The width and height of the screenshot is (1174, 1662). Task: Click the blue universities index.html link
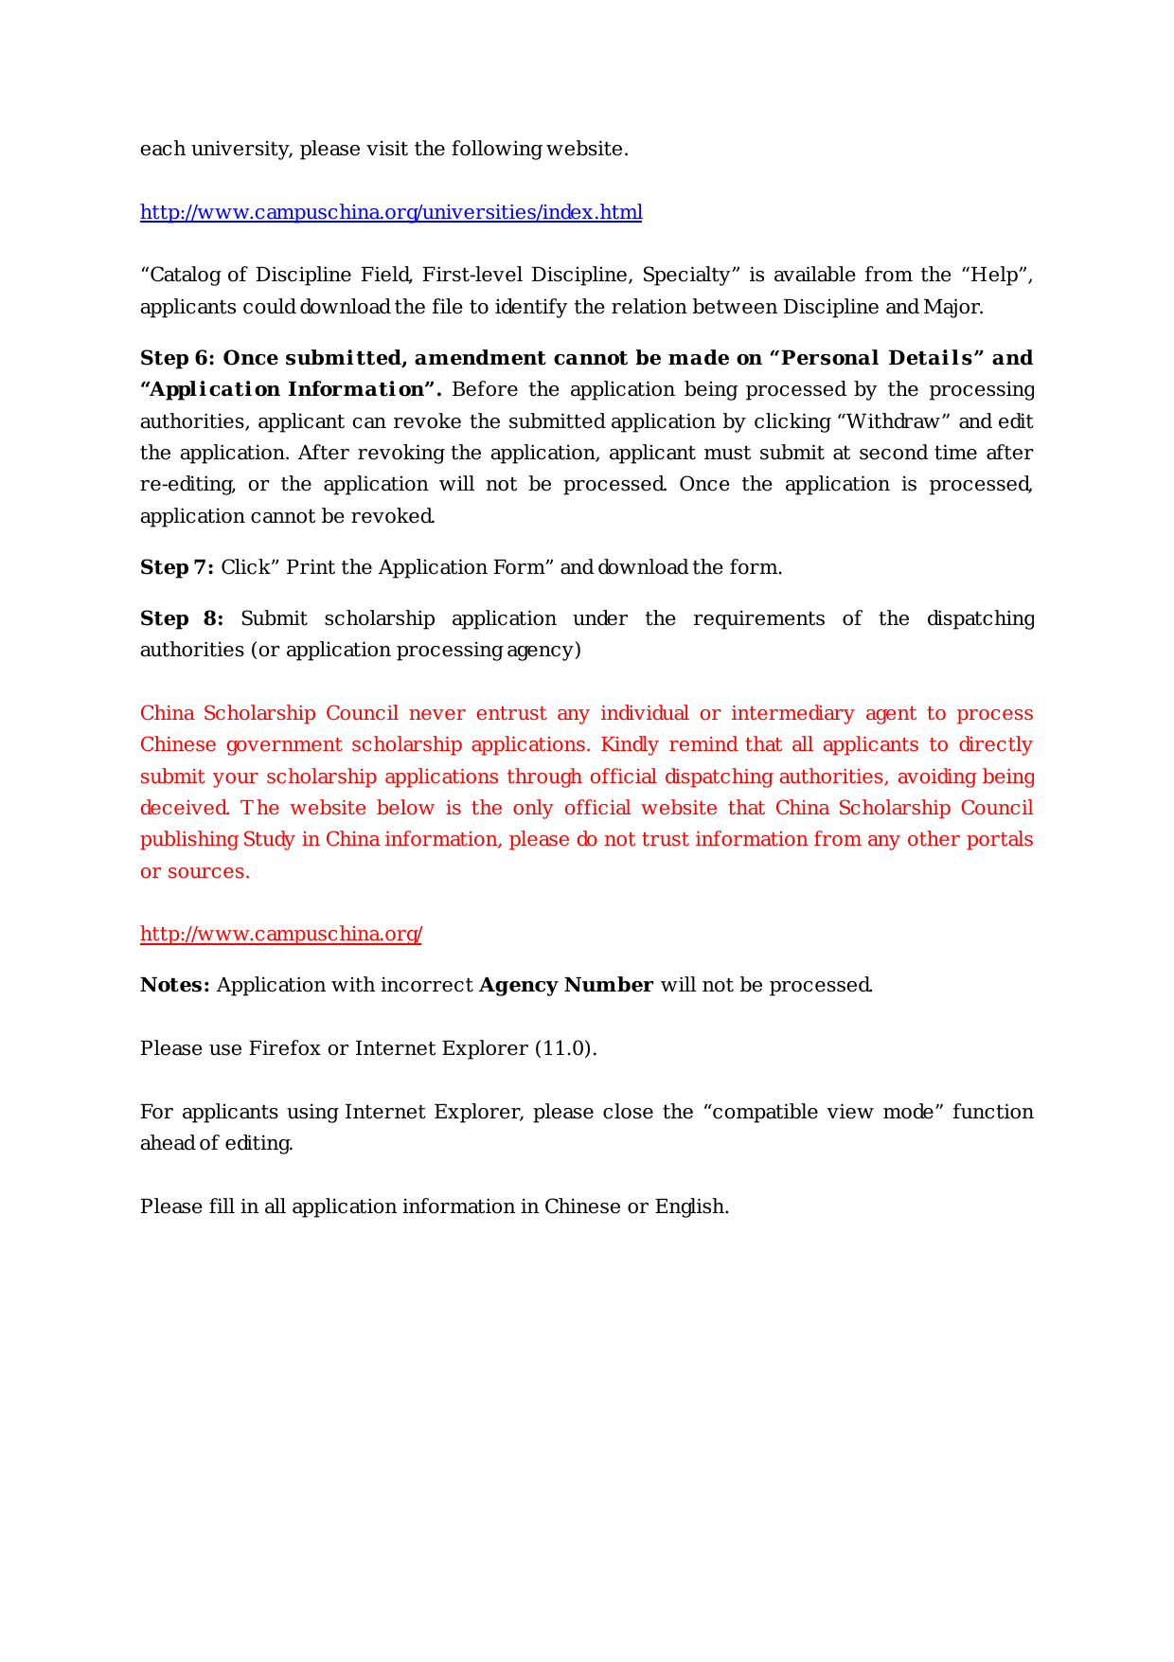click(x=391, y=212)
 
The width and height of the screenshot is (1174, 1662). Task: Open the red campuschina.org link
click(x=281, y=935)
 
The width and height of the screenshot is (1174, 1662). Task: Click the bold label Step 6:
click(x=178, y=358)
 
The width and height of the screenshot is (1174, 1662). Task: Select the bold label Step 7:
click(x=177, y=567)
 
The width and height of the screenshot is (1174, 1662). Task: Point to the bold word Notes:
click(x=175, y=985)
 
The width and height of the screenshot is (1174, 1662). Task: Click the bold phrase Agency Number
click(x=566, y=985)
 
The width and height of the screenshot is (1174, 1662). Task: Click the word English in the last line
click(x=690, y=1206)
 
